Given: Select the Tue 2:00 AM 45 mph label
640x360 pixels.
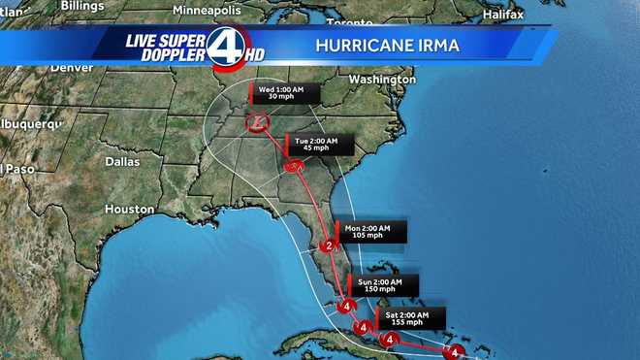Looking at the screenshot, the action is click(316, 146).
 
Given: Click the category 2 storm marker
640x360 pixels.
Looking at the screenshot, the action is click(329, 246).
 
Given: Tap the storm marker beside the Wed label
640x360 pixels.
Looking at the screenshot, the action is click(258, 121).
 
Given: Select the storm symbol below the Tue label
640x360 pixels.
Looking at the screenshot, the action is click(294, 167).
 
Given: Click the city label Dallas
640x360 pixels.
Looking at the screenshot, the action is click(122, 161).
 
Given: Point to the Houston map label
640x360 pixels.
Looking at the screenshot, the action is click(130, 209).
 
